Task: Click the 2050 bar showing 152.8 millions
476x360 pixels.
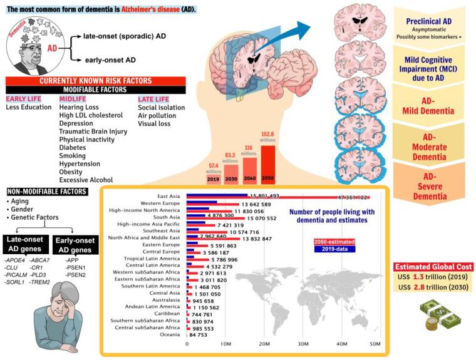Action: tap(267, 163)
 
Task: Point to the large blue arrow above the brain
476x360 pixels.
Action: tap(294, 31)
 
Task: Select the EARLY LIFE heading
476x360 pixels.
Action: tap(24, 98)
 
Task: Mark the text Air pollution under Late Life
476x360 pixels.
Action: tap(157, 116)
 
